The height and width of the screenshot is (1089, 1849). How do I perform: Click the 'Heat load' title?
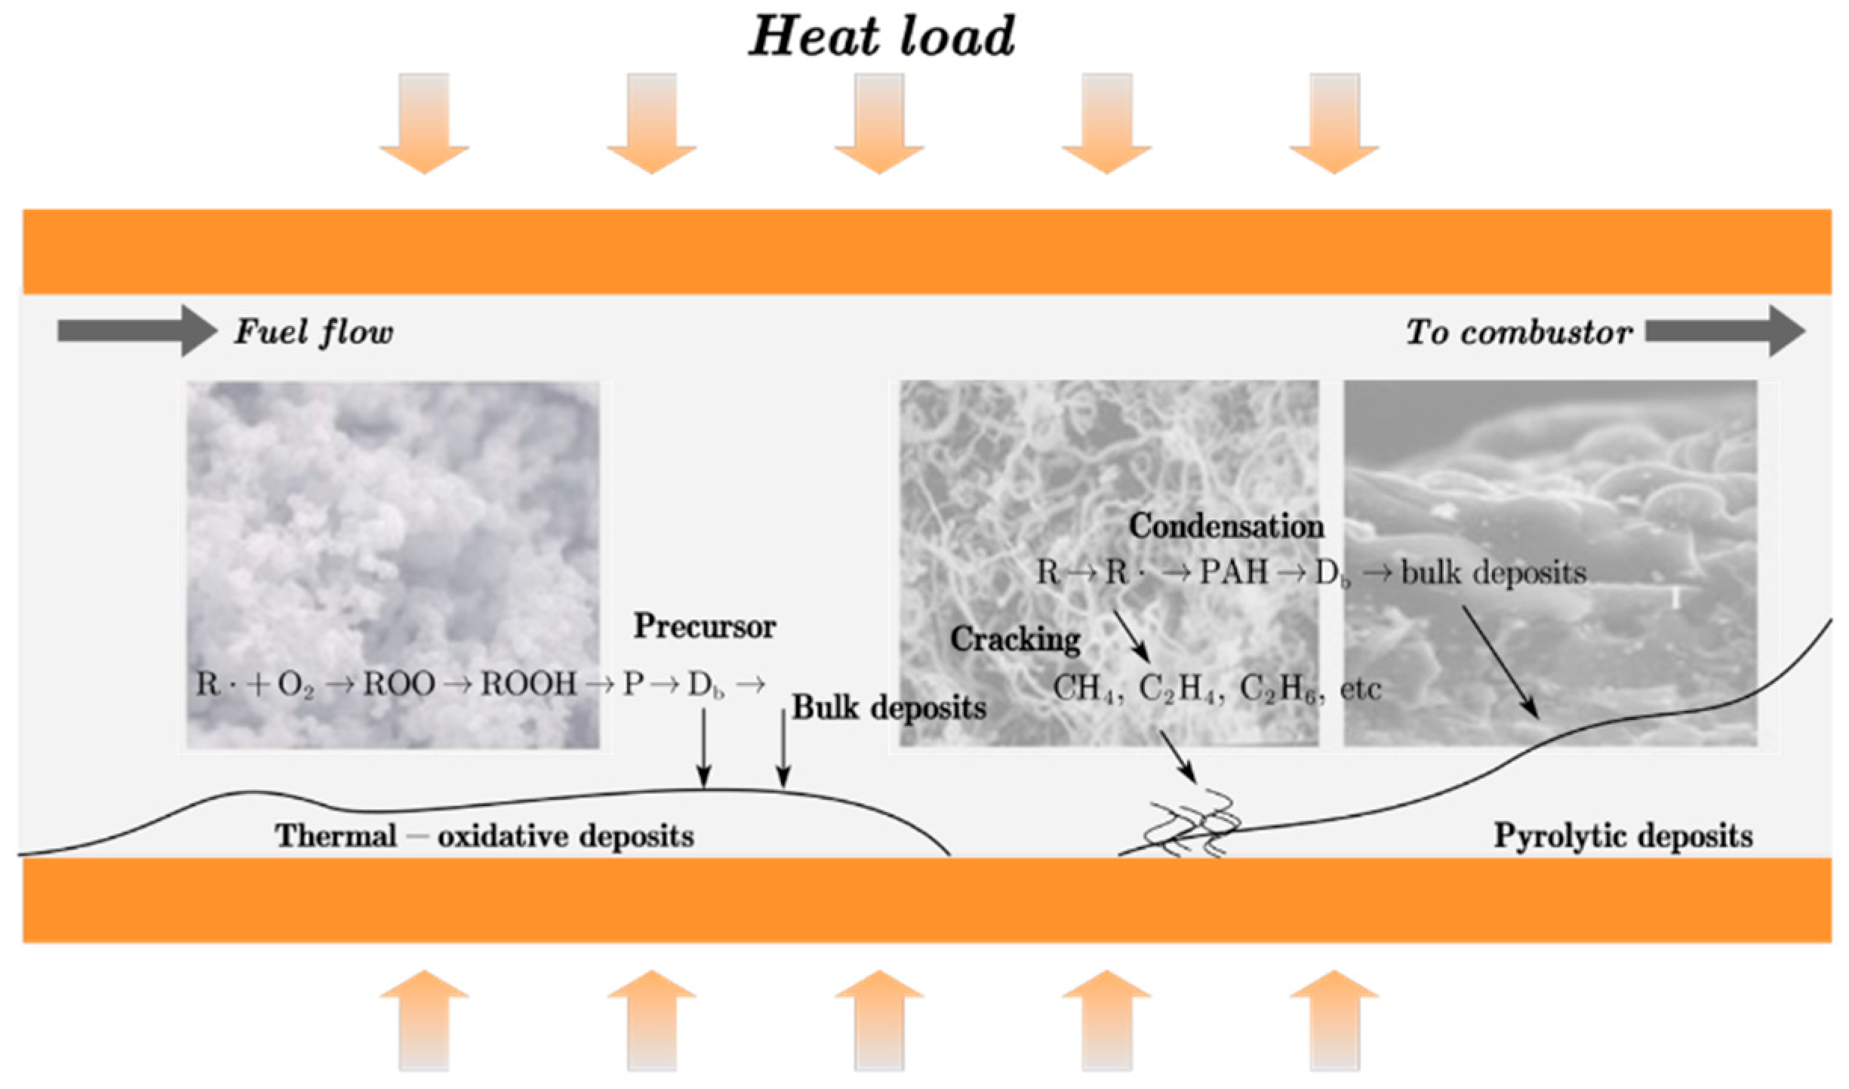coord(881,36)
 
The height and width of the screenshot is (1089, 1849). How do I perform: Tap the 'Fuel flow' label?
coord(313,332)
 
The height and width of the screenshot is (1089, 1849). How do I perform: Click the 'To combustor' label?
coord(1518,333)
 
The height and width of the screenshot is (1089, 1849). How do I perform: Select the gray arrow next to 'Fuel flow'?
coord(137,331)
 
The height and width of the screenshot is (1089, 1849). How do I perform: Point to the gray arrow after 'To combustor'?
coord(1724,331)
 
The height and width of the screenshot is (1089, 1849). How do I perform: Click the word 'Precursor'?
coord(704,626)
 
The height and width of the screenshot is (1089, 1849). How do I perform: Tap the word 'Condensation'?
coord(1226,526)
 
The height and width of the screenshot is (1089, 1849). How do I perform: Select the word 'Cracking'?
coord(1014,639)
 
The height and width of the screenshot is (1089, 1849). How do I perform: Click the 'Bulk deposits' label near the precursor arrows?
coord(888,708)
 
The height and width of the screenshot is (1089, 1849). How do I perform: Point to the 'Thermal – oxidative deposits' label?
coord(484,836)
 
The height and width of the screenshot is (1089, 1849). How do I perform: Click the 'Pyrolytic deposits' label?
coord(1623,836)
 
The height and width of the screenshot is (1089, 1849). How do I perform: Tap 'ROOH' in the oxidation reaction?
coord(528,684)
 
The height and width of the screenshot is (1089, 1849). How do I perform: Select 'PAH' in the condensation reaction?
coord(1233,572)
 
